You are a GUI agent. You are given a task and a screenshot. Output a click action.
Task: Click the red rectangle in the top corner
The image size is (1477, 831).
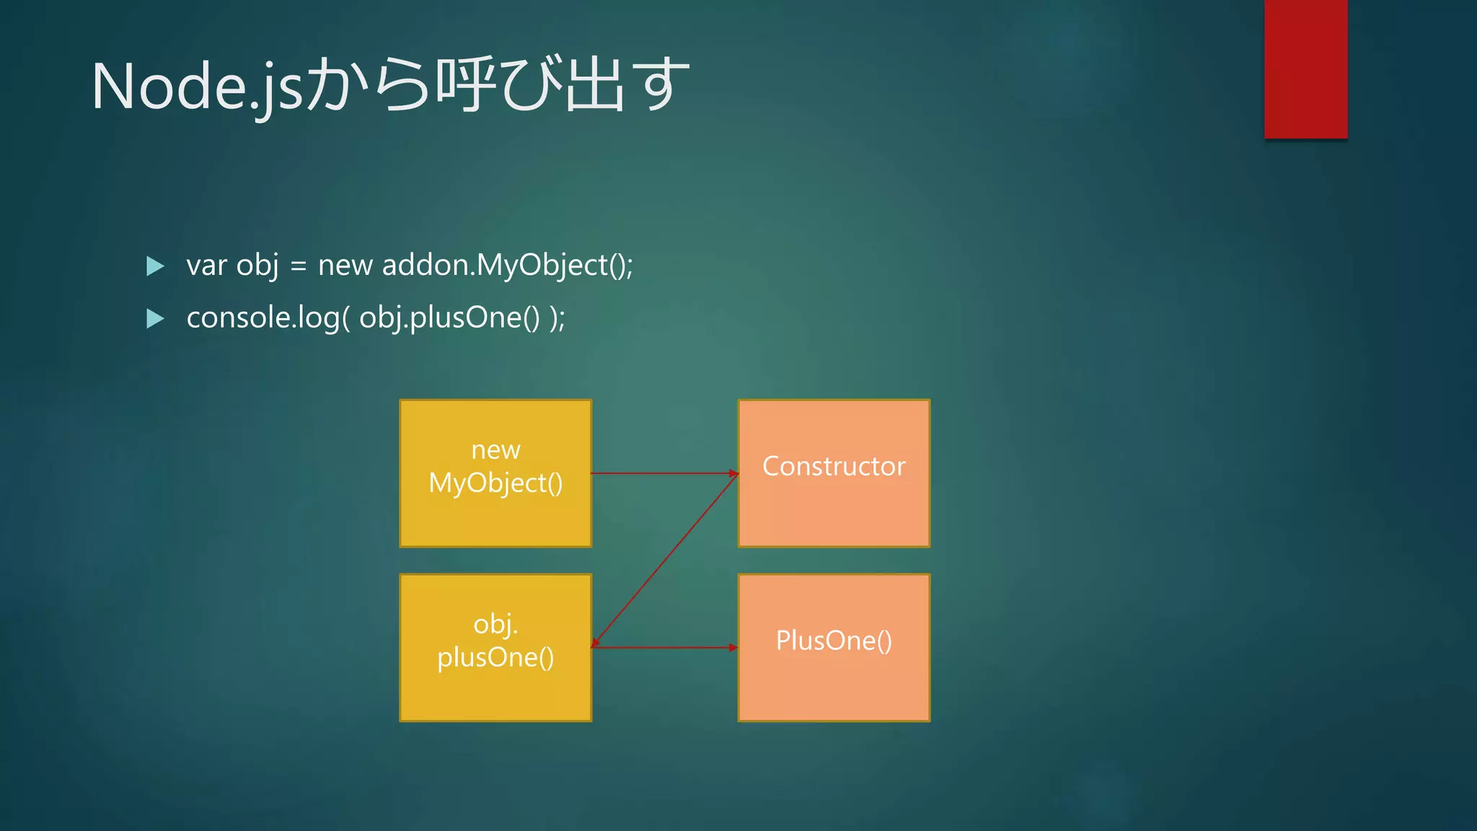[x=1305, y=69]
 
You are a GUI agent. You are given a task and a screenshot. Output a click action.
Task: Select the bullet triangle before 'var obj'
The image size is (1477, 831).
[x=154, y=266]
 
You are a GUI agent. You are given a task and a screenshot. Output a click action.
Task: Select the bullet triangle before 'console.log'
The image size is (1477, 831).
[x=154, y=318]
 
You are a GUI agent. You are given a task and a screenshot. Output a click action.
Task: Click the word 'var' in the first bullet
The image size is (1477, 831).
[x=206, y=265]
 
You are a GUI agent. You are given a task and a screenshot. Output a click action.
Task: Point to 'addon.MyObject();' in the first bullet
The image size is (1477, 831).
[x=507, y=265]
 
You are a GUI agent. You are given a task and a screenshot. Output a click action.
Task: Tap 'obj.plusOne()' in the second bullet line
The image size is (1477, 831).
[x=449, y=317]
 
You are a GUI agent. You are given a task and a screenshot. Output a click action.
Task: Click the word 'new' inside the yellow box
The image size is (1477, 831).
[x=495, y=450]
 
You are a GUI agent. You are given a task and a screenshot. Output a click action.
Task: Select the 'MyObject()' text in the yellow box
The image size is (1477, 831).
[x=495, y=483]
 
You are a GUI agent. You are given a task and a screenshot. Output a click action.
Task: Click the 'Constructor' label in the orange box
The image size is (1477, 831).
[x=834, y=466]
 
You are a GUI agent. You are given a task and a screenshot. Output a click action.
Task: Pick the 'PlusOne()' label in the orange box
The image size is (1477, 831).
[x=834, y=641]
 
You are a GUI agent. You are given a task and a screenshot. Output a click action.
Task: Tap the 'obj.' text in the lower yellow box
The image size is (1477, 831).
[x=495, y=624]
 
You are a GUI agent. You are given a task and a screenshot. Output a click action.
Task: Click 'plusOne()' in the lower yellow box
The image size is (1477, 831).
[x=495, y=657]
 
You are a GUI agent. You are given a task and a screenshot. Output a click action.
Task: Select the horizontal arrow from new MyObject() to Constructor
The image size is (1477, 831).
[x=663, y=473]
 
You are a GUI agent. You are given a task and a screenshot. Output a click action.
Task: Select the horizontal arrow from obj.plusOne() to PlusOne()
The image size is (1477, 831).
[x=663, y=647]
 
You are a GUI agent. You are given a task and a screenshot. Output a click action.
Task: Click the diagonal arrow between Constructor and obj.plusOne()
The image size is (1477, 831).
[x=665, y=560]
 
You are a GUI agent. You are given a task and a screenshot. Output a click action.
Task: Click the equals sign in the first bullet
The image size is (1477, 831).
[x=298, y=266]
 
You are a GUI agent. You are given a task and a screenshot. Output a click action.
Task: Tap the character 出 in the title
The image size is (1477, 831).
[x=594, y=84]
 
